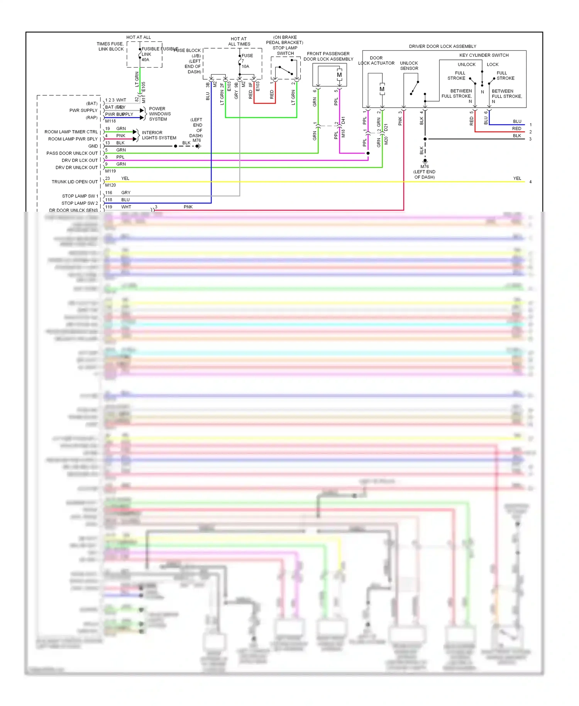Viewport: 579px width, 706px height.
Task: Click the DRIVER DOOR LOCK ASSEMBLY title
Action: [x=442, y=46]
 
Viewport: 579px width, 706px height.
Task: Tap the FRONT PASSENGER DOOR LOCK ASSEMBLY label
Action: [x=328, y=56]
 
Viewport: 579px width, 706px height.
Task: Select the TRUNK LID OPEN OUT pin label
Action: [x=74, y=182]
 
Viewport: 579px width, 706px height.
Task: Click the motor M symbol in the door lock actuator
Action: [x=382, y=89]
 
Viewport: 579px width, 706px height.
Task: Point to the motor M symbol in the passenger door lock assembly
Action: [x=339, y=75]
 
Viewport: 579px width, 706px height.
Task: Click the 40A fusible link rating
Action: [x=145, y=60]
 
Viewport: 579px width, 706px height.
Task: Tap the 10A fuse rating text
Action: [x=245, y=66]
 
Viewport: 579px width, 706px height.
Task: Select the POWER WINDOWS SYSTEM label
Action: [x=160, y=114]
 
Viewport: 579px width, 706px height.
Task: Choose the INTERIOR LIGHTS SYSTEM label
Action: [x=159, y=135]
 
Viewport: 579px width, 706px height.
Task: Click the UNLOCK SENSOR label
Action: [x=409, y=66]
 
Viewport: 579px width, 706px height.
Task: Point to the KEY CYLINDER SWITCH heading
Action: [x=484, y=55]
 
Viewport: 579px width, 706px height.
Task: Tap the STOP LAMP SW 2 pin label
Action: [x=80, y=203]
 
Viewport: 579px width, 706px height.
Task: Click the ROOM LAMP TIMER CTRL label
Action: [x=71, y=132]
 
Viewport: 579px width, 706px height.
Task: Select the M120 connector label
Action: [x=110, y=185]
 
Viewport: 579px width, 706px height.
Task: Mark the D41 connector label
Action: [x=343, y=120]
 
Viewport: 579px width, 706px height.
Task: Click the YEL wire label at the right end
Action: [x=517, y=178]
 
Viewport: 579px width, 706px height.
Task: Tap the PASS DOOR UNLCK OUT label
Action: [x=72, y=153]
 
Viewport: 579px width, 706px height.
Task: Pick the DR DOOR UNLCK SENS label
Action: [x=73, y=210]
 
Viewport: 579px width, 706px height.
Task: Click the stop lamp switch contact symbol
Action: [x=285, y=70]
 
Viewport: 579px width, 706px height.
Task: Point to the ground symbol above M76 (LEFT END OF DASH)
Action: [x=425, y=161]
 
